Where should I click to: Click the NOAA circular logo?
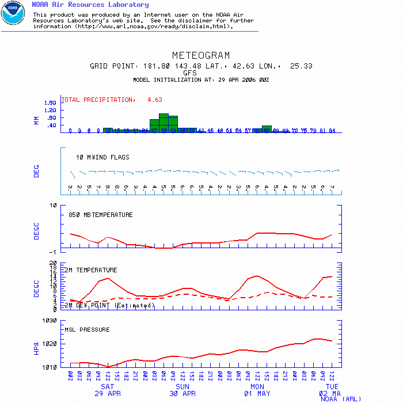(13, 13)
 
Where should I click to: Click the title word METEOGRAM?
(201, 56)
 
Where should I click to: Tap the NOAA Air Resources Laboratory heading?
(90, 5)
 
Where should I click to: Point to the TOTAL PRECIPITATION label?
(97, 100)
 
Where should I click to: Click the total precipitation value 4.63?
(155, 100)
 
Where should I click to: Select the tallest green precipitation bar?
(164, 123)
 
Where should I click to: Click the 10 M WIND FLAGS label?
(102, 157)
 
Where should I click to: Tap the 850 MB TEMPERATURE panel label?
(100, 215)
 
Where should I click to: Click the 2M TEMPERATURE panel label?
(90, 270)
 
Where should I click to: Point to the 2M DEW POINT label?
(109, 305)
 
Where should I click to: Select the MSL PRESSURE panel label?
(87, 330)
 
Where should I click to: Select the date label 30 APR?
(182, 394)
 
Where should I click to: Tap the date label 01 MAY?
(257, 394)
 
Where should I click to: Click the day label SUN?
(182, 387)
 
